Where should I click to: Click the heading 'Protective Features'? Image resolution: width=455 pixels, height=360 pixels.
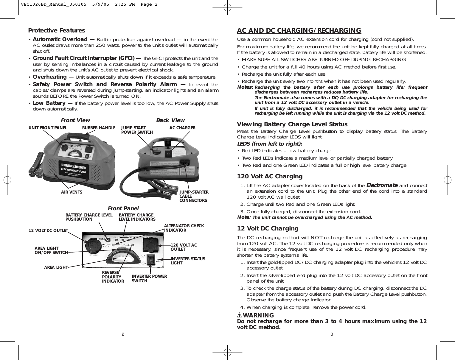(56, 31)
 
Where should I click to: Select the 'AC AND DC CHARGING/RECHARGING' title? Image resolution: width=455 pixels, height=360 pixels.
(299, 31)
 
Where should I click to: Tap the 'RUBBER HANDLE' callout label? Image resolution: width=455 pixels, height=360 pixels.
(98, 128)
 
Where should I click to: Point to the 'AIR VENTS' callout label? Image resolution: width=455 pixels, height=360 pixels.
(72, 192)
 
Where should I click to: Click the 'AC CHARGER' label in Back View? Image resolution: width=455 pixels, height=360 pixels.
(182, 128)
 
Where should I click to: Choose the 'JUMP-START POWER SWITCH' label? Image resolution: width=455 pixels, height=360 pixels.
(137, 130)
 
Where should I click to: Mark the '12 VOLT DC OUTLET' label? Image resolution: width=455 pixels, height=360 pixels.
(48, 230)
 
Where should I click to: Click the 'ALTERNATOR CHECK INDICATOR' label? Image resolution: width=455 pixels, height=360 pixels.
(184, 228)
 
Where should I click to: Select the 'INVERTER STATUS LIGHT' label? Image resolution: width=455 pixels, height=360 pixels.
(188, 261)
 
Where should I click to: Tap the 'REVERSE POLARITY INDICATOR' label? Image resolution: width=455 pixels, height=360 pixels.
(113, 277)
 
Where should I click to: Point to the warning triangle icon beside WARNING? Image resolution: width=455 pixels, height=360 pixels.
(240, 315)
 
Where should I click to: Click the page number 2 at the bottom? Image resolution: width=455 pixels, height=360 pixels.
(122, 334)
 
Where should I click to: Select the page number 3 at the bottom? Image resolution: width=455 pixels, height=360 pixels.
(332, 334)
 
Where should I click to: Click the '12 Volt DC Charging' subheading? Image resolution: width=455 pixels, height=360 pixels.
(267, 229)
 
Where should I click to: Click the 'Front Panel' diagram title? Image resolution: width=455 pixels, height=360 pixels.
(123, 208)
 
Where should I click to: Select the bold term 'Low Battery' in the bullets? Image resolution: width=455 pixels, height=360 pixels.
(49, 103)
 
